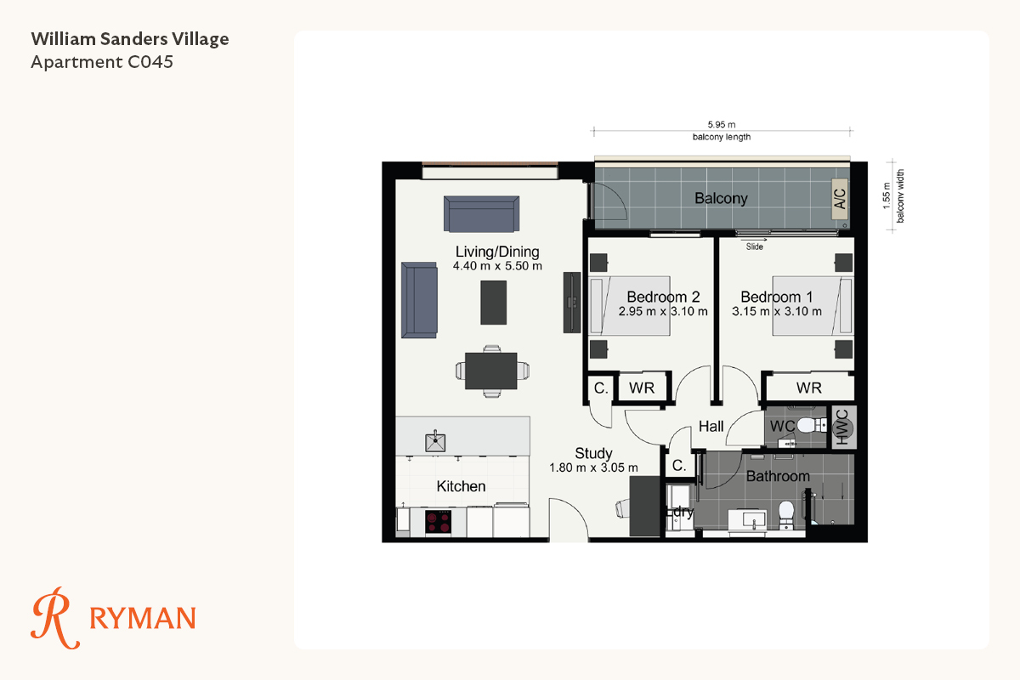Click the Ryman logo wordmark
[143, 618]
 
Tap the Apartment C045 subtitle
[102, 62]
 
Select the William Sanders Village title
[130, 39]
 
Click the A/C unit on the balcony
[840, 199]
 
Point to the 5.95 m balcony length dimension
[722, 124]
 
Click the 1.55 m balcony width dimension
[886, 195]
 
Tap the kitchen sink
[435, 441]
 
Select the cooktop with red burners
[439, 522]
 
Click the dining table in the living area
[491, 371]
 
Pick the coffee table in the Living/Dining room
[494, 303]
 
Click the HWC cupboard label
[843, 427]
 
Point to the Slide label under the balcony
[755, 246]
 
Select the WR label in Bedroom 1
[809, 388]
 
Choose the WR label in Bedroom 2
[642, 388]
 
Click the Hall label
[711, 427]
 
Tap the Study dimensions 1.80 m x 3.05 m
[593, 467]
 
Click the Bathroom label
[778, 476]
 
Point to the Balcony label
[721, 199]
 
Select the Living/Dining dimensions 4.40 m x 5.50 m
[497, 266]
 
